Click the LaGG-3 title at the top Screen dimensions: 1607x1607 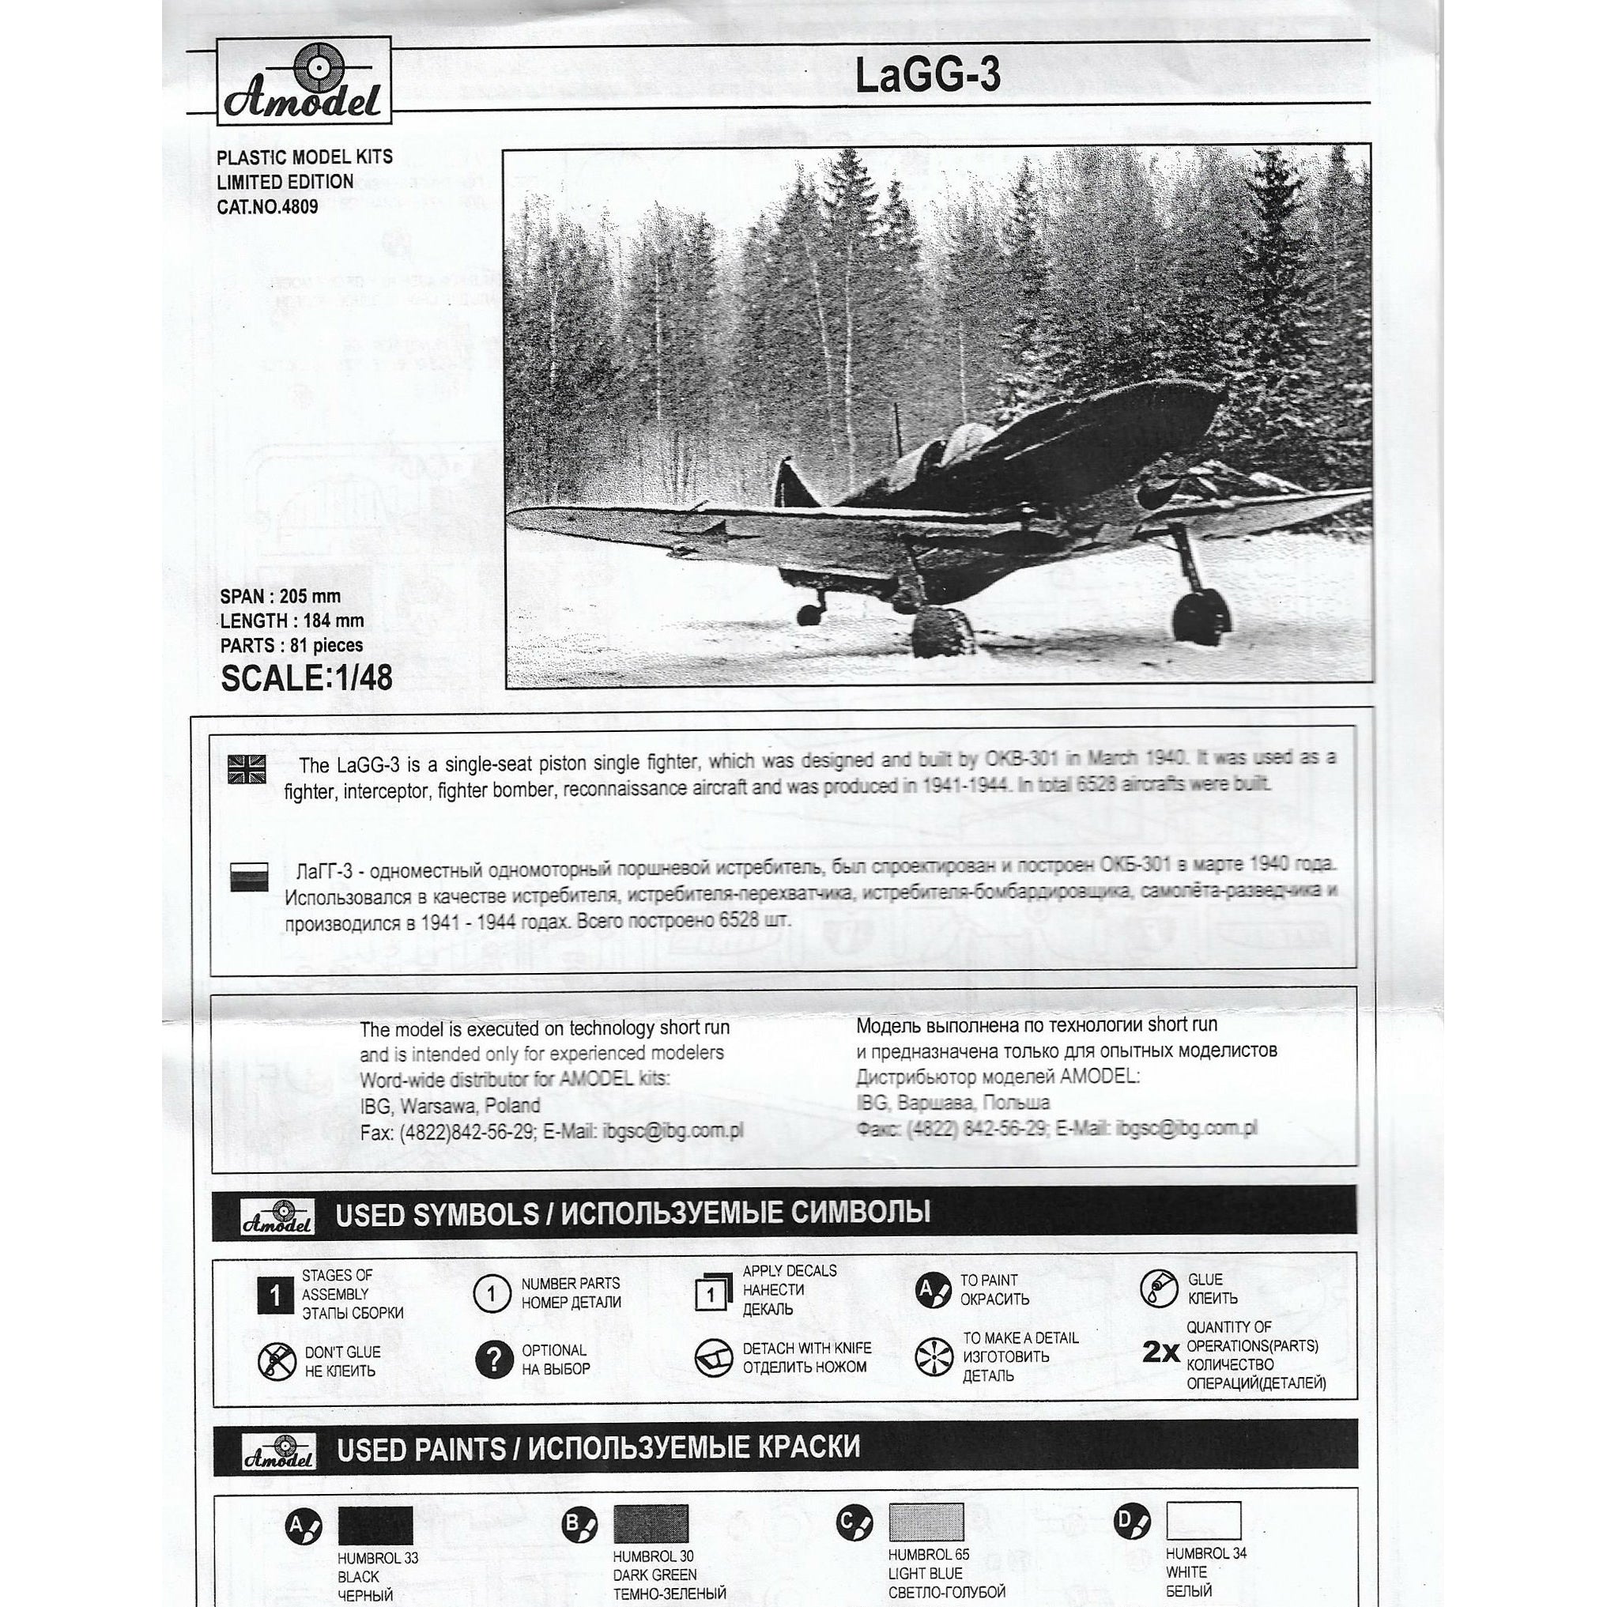coord(927,77)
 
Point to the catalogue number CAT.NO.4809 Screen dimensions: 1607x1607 coord(267,206)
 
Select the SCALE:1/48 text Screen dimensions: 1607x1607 coord(306,678)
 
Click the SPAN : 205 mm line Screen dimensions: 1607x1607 coord(281,595)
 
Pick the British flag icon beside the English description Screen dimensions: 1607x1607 coord(247,769)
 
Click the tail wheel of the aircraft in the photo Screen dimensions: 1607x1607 coord(809,614)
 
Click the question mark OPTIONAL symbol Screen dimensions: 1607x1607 coord(494,1359)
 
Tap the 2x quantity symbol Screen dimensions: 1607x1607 coord(1160,1353)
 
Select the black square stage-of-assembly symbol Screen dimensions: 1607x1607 coord(274,1295)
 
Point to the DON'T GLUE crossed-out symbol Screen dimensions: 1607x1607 coord(277,1362)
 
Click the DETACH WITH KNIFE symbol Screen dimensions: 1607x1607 coord(713,1356)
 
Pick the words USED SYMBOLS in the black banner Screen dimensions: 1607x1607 coord(436,1214)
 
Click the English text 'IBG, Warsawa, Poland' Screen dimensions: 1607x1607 coord(450,1105)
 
